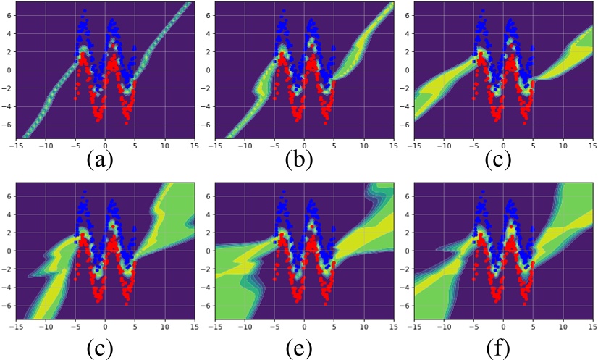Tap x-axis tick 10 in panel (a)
(164, 144)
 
